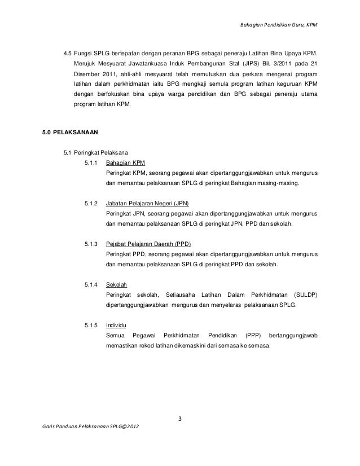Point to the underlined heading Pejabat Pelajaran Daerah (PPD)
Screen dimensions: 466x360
pyautogui.click(x=148, y=244)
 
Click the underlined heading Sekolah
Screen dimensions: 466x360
pyautogui.click(x=116, y=285)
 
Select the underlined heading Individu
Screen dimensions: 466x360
pyautogui.click(x=116, y=325)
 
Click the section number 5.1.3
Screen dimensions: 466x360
pyautogui.click(x=90, y=244)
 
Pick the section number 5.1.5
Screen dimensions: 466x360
pyautogui.click(x=90, y=325)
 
